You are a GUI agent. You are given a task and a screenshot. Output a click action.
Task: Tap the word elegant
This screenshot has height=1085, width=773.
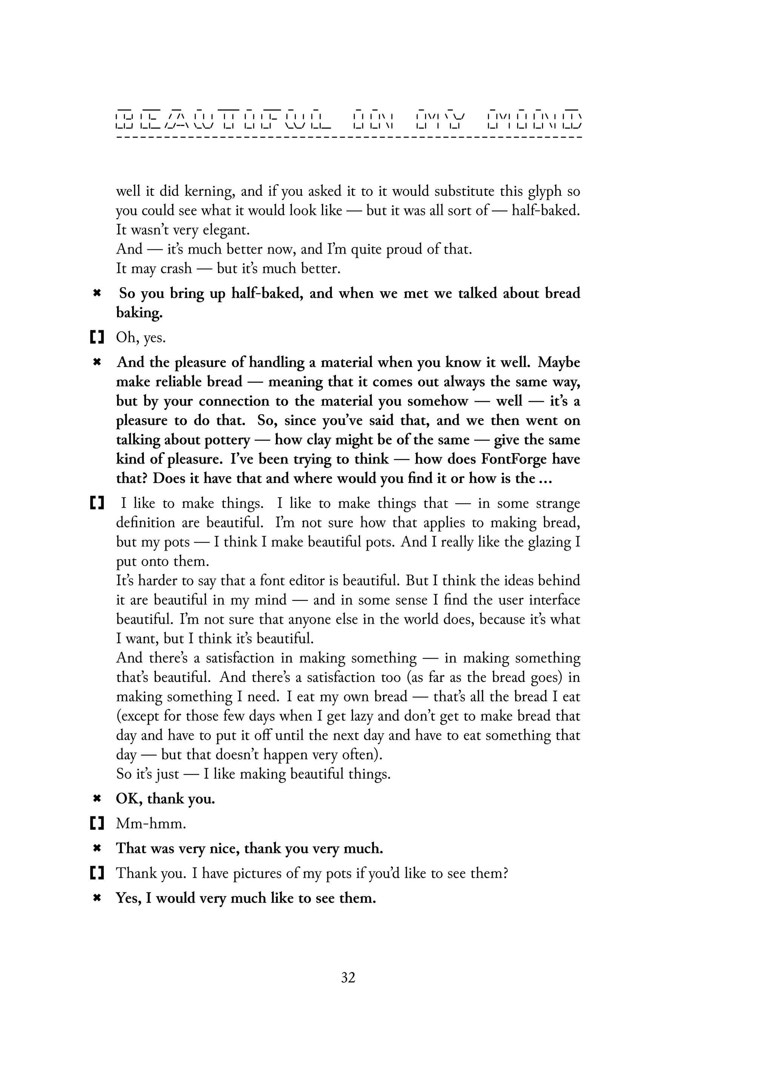(x=226, y=230)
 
